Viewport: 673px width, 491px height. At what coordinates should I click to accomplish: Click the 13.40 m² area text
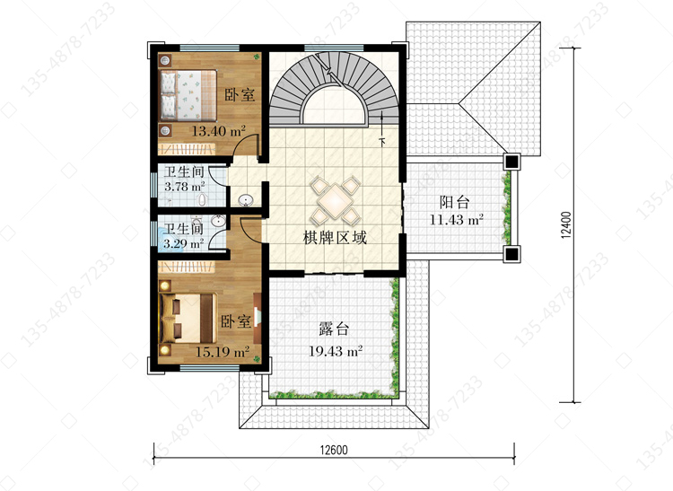218,131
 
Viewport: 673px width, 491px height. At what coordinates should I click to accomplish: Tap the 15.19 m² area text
223,352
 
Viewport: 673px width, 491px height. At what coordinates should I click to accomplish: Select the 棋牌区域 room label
335,237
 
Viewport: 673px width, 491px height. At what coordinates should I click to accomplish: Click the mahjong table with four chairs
336,200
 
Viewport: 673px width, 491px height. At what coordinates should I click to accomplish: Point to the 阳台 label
455,202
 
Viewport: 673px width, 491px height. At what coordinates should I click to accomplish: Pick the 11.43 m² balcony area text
457,220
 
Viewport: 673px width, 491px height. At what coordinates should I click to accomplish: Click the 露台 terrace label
335,329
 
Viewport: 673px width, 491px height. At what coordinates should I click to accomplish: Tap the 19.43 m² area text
336,351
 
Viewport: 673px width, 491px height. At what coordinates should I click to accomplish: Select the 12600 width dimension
334,450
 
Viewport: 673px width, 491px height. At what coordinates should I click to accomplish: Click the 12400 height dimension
566,224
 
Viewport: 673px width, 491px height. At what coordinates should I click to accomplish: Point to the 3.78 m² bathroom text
185,187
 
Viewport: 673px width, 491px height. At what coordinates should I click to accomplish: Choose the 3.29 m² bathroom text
183,244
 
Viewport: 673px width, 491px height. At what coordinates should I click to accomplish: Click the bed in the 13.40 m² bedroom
188,95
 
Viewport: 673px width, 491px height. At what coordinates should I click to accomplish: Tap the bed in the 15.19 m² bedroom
188,318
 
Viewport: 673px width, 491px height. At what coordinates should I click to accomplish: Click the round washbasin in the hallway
246,200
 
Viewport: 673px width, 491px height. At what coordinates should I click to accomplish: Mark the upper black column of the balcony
511,162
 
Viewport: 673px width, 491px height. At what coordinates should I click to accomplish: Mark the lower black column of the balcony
511,254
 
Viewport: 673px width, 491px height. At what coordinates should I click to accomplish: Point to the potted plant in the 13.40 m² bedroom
257,57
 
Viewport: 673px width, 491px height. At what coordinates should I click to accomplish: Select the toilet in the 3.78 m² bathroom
201,199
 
